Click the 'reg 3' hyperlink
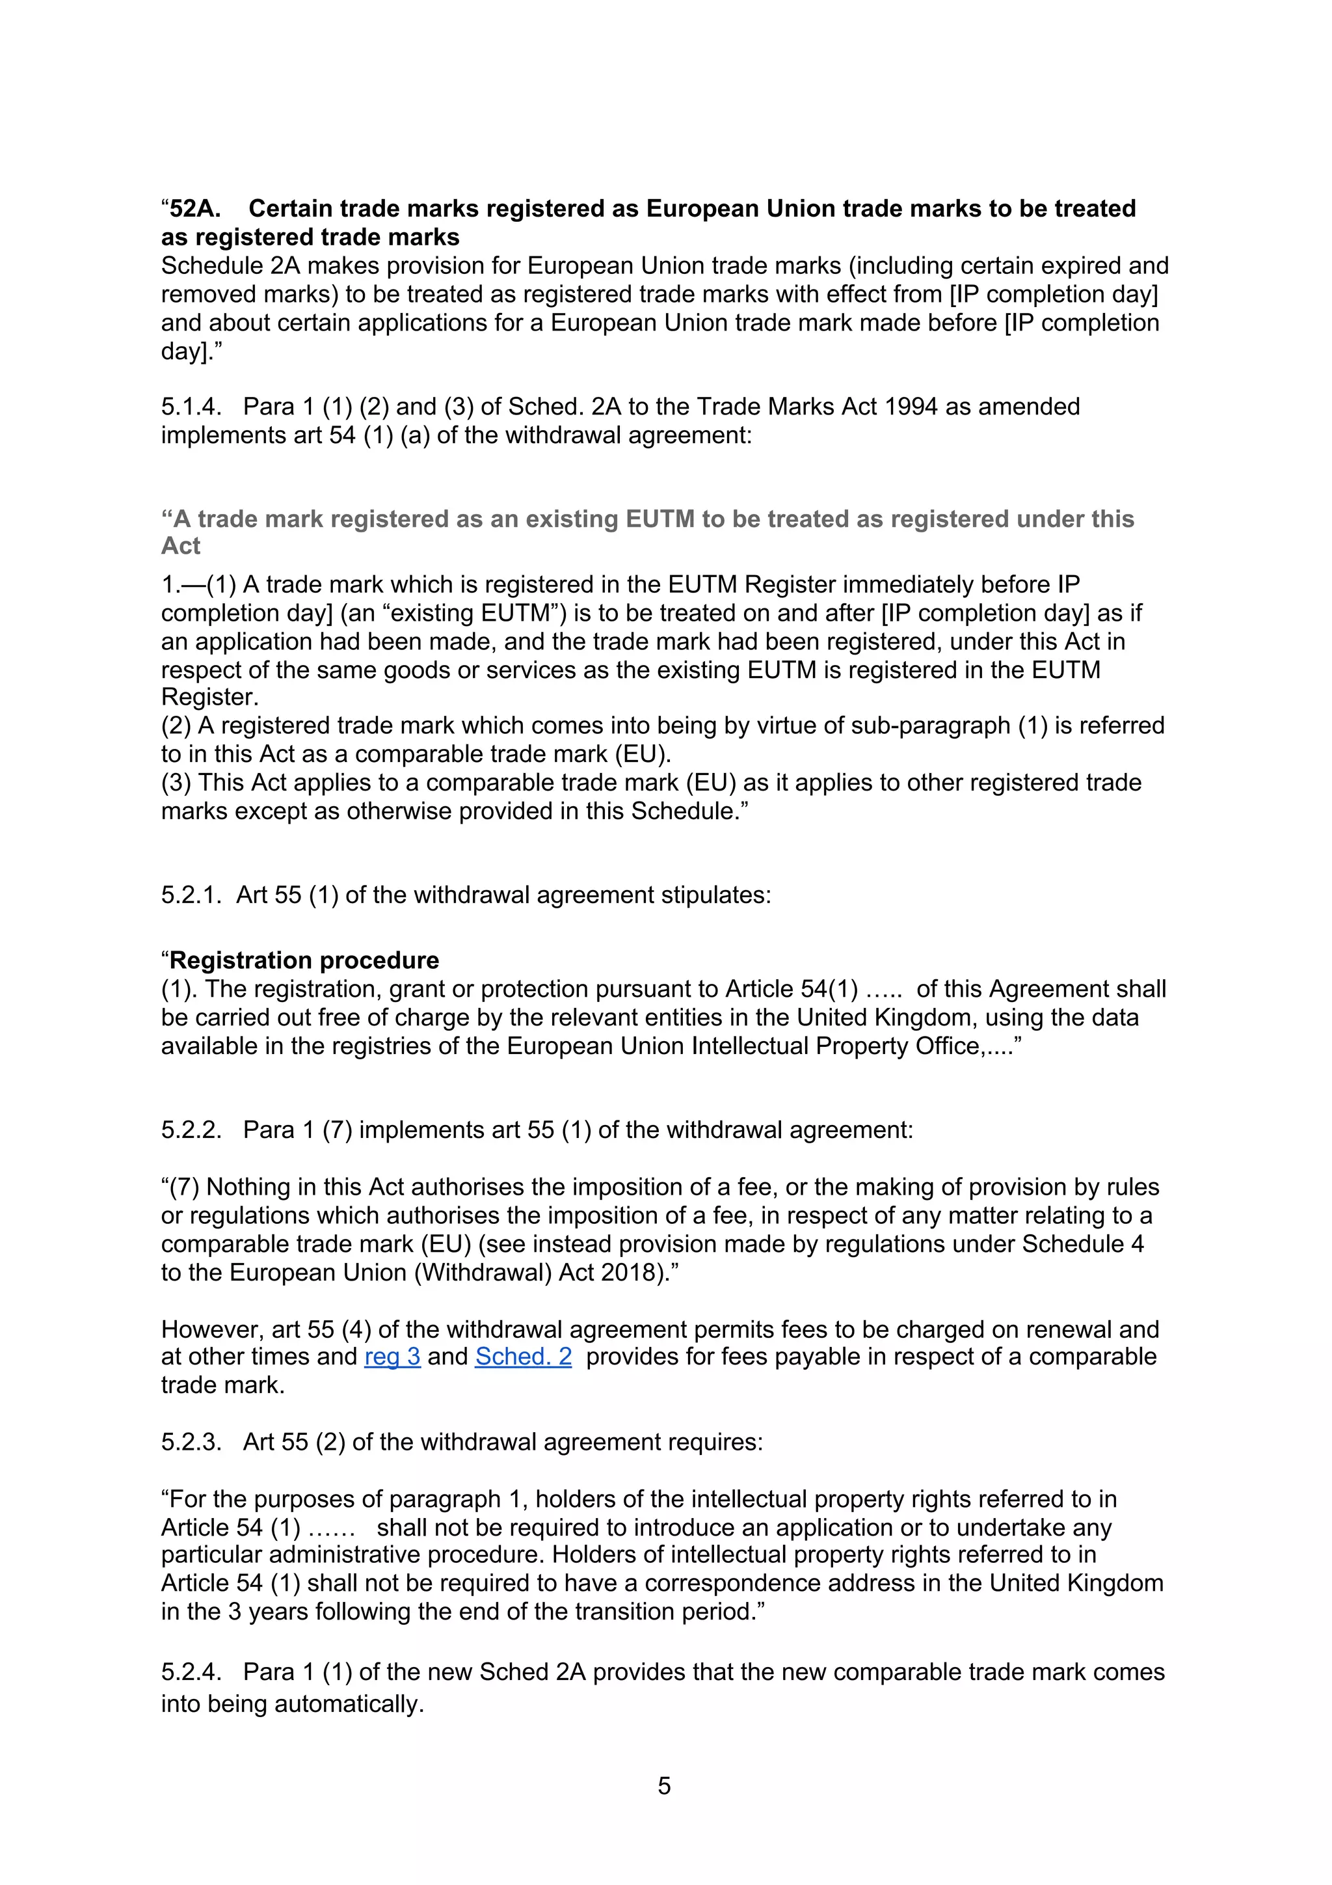pos(392,1356)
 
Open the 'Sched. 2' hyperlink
pos(523,1356)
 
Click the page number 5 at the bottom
pos(664,1785)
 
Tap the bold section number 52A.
pos(194,208)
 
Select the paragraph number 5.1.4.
pos(191,407)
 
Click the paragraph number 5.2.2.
pos(191,1130)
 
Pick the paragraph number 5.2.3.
pos(191,1442)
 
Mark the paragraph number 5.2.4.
pos(191,1672)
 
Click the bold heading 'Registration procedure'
pos(304,960)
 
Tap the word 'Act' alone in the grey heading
pos(181,546)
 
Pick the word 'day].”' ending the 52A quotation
pos(191,351)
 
